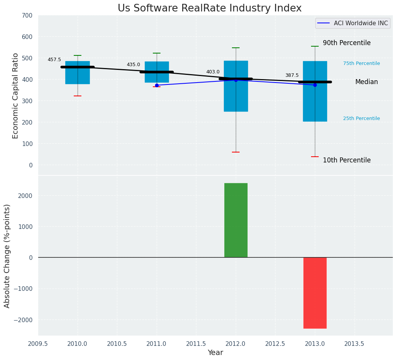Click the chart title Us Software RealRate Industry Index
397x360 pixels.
[x=209, y=8]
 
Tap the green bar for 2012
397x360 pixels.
[x=236, y=220]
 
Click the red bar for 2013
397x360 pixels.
[x=315, y=293]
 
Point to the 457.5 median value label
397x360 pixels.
[x=54, y=60]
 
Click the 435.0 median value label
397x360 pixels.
[x=133, y=65]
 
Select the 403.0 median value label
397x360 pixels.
[x=213, y=72]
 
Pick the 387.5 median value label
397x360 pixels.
[x=292, y=75]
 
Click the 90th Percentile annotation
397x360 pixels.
[x=347, y=43]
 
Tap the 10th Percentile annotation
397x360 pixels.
[x=347, y=160]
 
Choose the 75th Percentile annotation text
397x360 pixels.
[x=361, y=63]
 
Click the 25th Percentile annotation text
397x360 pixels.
[x=361, y=118]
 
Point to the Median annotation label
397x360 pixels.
[x=366, y=82]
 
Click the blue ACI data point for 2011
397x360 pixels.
[x=157, y=85]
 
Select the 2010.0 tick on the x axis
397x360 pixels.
[x=78, y=344]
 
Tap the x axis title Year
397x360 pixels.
[x=215, y=353]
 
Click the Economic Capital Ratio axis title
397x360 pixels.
[x=16, y=96]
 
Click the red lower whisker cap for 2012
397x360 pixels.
[x=236, y=152]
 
